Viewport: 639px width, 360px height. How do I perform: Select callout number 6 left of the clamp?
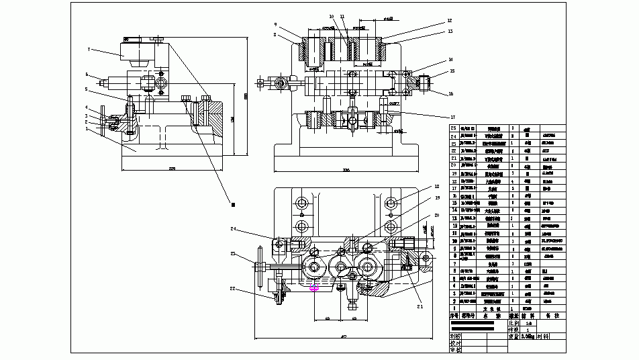click(87, 75)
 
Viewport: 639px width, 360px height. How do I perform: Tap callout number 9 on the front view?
click(275, 25)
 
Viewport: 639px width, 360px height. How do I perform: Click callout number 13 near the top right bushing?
click(450, 31)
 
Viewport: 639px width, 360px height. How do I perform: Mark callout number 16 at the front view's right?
click(451, 94)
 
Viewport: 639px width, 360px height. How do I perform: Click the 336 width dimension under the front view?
click(346, 171)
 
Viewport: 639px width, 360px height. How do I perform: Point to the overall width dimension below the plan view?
click(344, 336)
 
